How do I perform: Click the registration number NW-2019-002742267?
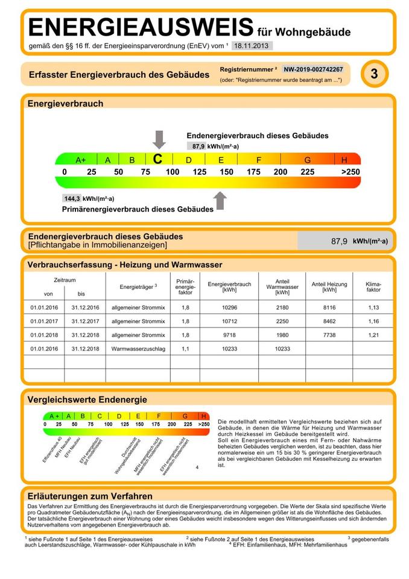pyautogui.click(x=313, y=69)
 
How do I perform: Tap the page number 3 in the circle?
pyautogui.click(x=374, y=74)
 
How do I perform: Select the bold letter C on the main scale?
pyautogui.click(x=158, y=159)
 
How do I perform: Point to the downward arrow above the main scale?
pyautogui.click(x=159, y=139)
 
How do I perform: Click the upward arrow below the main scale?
pyautogui.click(x=220, y=200)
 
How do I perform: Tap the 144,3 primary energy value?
pyautogui.click(x=72, y=198)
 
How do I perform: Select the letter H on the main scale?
pyautogui.click(x=344, y=160)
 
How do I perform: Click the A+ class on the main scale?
pyautogui.click(x=81, y=160)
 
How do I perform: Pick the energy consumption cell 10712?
pyautogui.click(x=229, y=321)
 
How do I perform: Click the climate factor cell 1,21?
pyautogui.click(x=374, y=335)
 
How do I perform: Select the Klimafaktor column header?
pyautogui.click(x=374, y=286)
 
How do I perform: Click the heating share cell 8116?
pyautogui.click(x=329, y=307)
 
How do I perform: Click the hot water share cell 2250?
pyautogui.click(x=282, y=321)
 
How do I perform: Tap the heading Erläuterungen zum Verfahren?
pyautogui.click(x=90, y=496)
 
